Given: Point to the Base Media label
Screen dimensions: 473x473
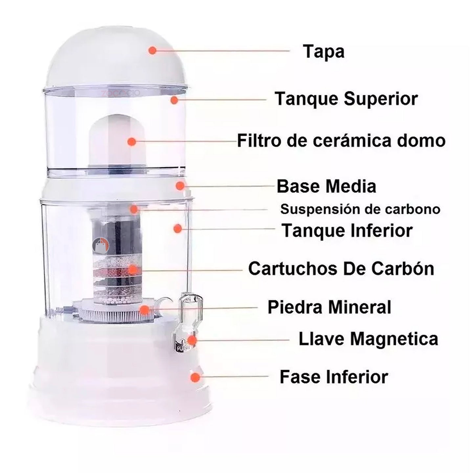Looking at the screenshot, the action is pos(327,186).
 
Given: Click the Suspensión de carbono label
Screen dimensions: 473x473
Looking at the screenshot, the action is pos(360,209).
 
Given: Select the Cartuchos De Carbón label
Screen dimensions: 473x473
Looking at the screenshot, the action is pos(341,269).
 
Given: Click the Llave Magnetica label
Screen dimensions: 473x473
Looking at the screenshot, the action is pos(369,339).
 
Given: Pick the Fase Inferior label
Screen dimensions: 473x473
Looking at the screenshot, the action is pos(334,377).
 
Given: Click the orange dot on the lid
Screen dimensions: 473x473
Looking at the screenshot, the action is pos(152,50).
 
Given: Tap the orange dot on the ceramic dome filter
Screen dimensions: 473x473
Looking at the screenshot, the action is pos(132,142).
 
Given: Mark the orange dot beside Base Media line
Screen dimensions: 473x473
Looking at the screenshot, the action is pos(180,186).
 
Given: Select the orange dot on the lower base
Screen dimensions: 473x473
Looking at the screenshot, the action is pos(195,377).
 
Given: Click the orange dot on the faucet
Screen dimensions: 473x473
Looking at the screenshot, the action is pos(192,340).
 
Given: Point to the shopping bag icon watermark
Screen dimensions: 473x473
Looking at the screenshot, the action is pos(101,245).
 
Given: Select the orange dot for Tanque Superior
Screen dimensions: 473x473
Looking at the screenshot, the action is pos(174,100).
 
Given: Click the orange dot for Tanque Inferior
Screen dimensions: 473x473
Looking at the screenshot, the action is pos(177,229).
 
